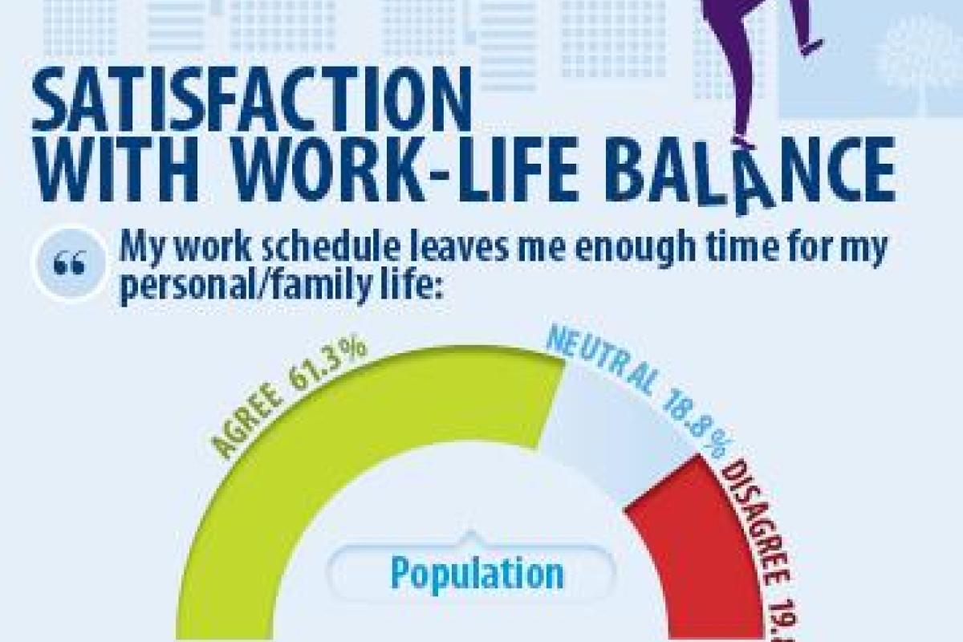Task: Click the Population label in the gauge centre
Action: click(x=477, y=573)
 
